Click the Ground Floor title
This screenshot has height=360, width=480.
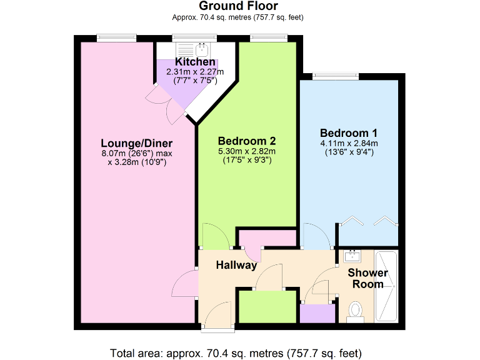pos(238,6)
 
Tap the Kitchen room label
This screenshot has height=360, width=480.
pos(195,62)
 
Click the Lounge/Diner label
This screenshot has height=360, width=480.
pos(137,142)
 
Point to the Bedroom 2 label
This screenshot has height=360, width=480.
pos(247,141)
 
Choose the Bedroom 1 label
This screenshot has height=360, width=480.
pos(348,133)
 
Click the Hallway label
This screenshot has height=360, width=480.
pos(236,265)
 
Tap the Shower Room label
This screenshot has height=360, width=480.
pos(367,279)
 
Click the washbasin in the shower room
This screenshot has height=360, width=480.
pos(353,255)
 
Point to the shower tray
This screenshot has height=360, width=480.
pos(386,287)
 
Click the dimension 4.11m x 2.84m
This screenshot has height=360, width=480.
pos(348,143)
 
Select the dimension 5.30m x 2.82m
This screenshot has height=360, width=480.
pos(247,151)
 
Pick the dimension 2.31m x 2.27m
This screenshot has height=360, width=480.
pos(195,72)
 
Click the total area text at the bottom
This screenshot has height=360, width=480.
pos(236,352)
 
